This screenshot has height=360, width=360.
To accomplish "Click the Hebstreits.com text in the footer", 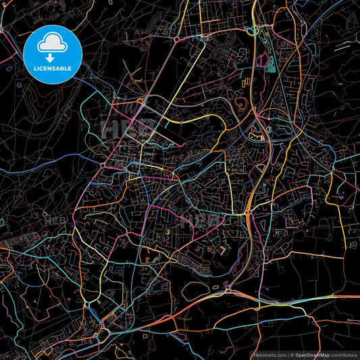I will point(268,354).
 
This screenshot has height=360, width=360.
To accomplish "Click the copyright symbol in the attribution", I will point(291,354).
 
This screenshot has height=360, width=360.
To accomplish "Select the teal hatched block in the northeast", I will point(271,63).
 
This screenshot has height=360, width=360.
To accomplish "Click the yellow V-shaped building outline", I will point(222,251).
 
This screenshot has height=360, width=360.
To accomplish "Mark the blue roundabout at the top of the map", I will point(251,30).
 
